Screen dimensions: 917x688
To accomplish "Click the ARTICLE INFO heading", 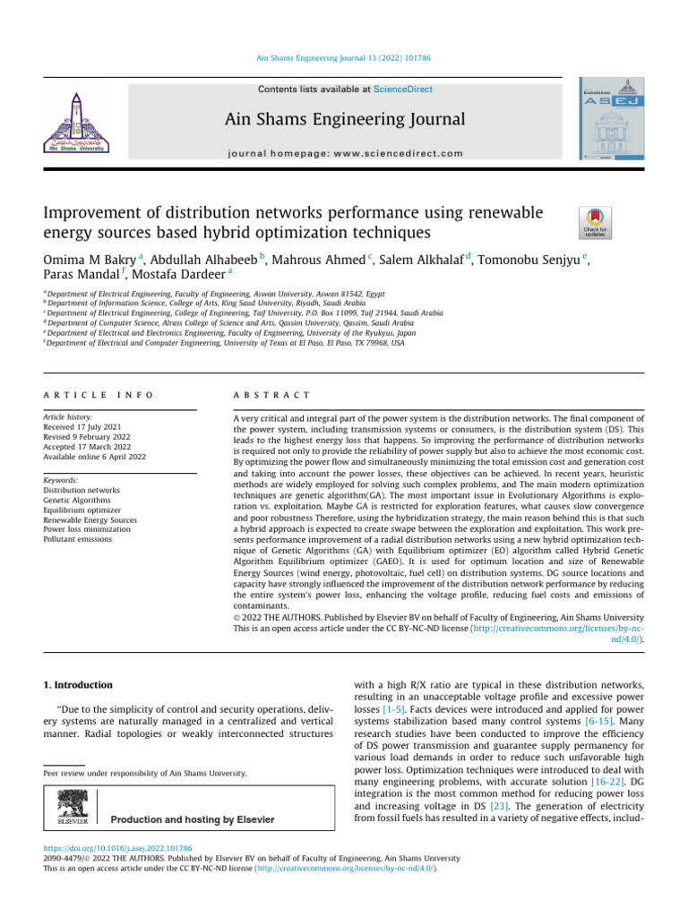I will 98,395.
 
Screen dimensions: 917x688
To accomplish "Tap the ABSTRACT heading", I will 271,395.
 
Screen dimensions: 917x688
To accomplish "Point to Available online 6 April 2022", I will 94,456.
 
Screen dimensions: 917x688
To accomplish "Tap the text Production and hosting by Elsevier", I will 192,819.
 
